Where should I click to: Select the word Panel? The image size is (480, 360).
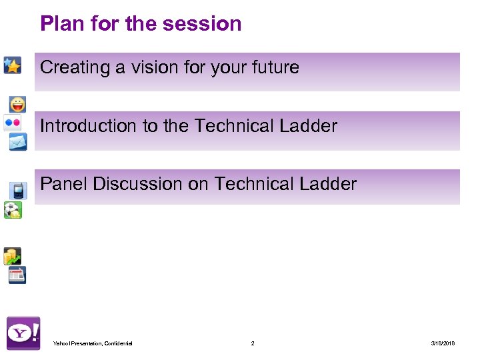(64, 184)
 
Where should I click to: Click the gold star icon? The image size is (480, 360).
(12, 65)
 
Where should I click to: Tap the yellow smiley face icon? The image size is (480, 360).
(18, 105)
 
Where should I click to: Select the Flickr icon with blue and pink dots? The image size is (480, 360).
(12, 123)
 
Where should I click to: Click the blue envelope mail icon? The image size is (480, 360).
(18, 141)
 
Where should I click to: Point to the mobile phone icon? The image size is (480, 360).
(18, 191)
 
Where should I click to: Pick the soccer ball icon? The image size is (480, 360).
(12, 210)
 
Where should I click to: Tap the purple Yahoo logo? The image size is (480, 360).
(23, 333)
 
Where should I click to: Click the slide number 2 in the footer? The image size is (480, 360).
(253, 343)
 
